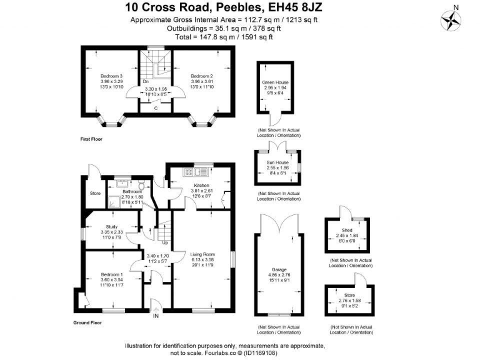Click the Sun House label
277,164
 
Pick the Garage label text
278,271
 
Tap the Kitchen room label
201,186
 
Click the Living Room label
202,254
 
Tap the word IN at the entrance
156,316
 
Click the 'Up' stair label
165,242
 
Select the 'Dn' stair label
145,82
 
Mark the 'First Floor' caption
92,137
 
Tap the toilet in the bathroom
142,186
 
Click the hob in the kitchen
186,172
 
